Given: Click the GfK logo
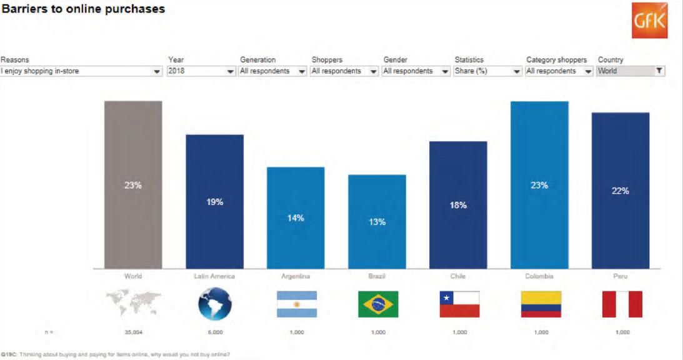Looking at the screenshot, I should pyautogui.click(x=649, y=21).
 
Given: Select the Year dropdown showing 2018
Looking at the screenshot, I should pyautogui.click(x=201, y=71).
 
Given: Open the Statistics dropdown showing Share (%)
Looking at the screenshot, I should pyautogui.click(x=487, y=71).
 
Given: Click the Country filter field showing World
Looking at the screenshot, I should pyautogui.click(x=631, y=71).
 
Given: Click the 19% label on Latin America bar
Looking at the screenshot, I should pyautogui.click(x=215, y=202).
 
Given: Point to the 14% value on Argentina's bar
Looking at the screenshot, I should pyautogui.click(x=296, y=218).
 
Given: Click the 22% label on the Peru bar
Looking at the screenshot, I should pyautogui.click(x=621, y=191).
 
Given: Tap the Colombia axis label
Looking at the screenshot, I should pyautogui.click(x=539, y=276).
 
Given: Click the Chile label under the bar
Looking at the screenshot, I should pyautogui.click(x=458, y=276).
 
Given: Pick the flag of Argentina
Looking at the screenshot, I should pyautogui.click(x=297, y=304).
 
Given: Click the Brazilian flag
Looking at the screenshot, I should pyautogui.click(x=378, y=304).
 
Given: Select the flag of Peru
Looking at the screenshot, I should pyautogui.click(x=622, y=304).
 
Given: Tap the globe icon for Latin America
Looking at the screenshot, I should pyautogui.click(x=215, y=304).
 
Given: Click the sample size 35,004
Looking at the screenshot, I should pyautogui.click(x=134, y=332).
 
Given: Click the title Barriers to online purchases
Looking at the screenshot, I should pyautogui.click(x=83, y=9).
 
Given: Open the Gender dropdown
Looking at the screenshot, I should pyautogui.click(x=416, y=71).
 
